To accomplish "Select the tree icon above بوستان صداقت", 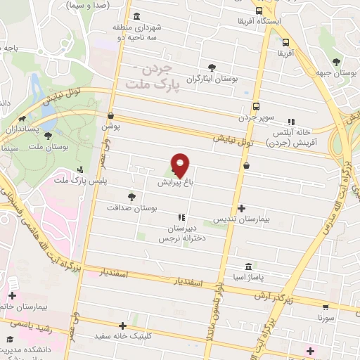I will click(x=131, y=197).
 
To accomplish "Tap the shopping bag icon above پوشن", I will click(x=111, y=116).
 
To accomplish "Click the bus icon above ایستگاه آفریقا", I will click(x=259, y=11).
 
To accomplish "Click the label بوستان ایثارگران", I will click(x=209, y=79).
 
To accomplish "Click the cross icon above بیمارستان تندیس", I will click(x=242, y=208).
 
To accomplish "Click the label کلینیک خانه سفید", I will click(x=120, y=337).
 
